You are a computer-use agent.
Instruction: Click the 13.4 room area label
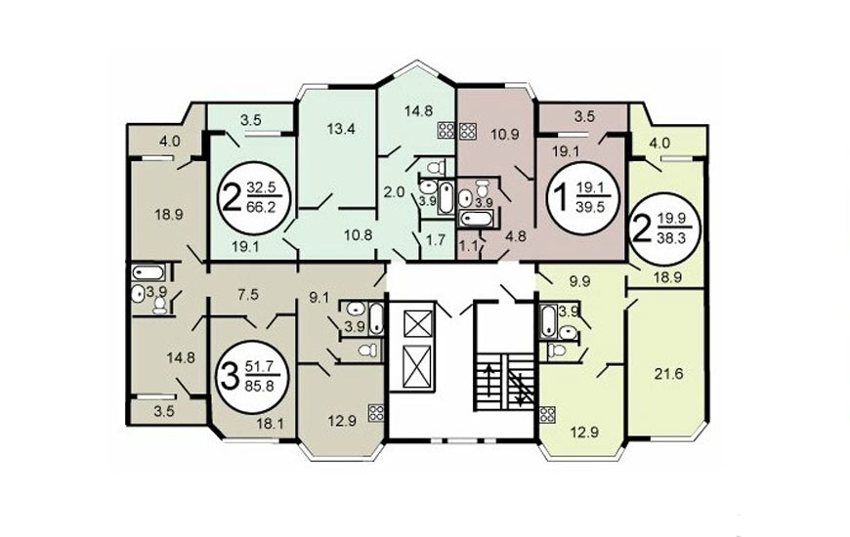tap(341, 129)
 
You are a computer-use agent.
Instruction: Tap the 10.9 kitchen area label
tap(504, 135)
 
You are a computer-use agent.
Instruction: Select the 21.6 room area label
tap(668, 373)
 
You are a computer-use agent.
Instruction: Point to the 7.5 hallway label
tap(248, 294)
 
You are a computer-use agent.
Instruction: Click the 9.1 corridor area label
tap(319, 297)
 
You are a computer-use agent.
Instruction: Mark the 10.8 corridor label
tap(359, 235)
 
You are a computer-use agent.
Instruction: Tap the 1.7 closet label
tap(436, 239)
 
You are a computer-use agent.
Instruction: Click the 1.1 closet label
tap(468, 245)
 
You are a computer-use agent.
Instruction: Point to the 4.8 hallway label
tap(515, 236)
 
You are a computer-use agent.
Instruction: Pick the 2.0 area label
tap(394, 191)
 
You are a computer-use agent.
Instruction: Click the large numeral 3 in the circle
tap(230, 377)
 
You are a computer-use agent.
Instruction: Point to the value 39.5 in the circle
tap(590, 207)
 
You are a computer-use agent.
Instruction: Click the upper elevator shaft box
tap(417, 323)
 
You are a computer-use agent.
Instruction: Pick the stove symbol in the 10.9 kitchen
tap(467, 132)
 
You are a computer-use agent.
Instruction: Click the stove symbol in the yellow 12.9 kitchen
tap(547, 415)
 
